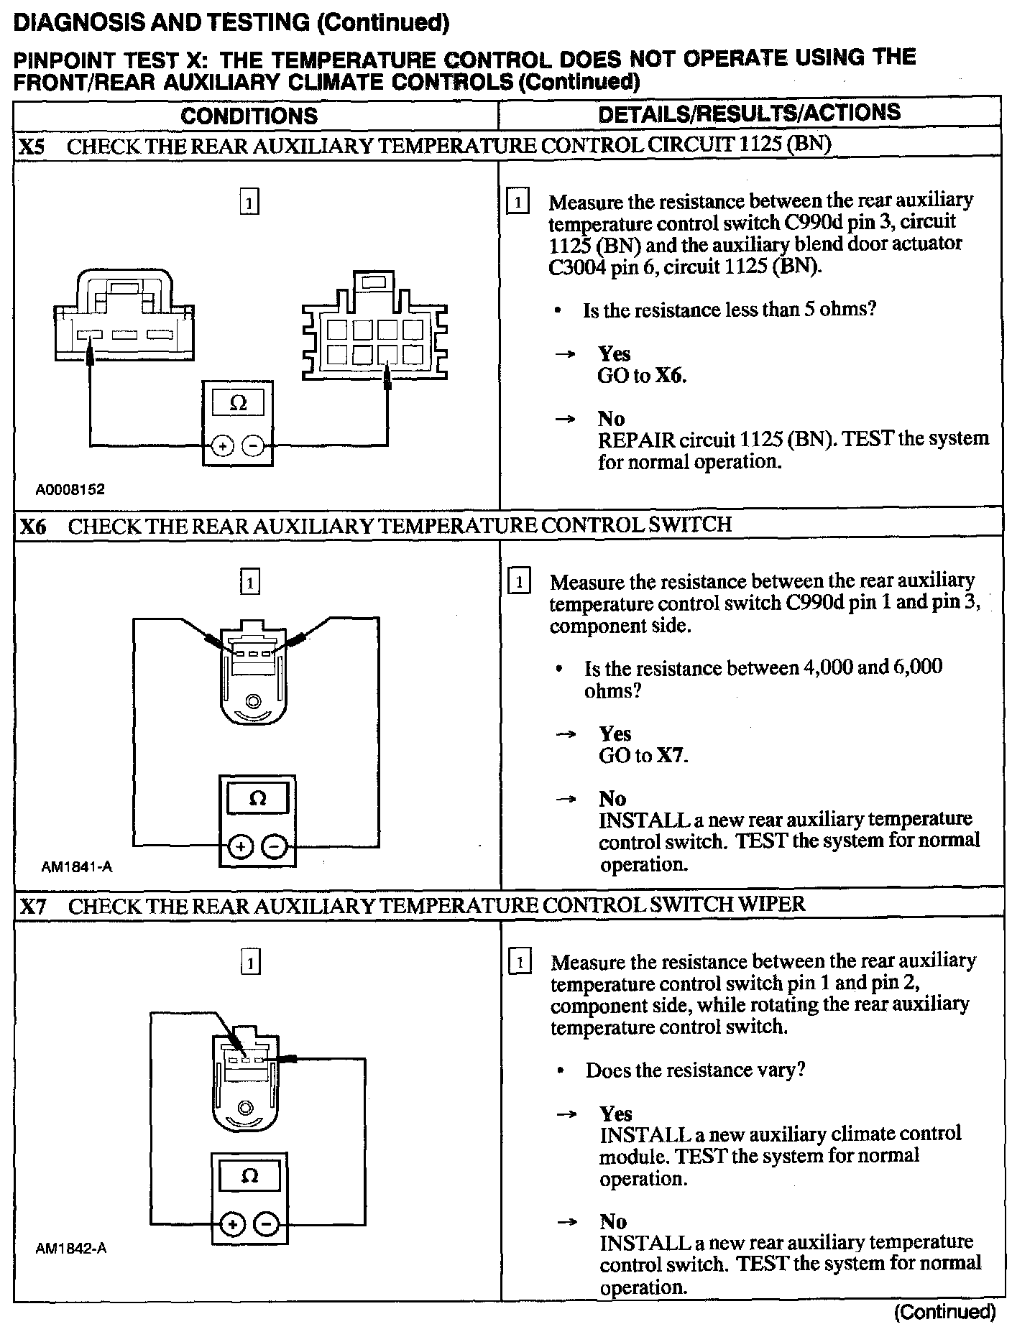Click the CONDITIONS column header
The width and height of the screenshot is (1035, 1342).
tap(249, 116)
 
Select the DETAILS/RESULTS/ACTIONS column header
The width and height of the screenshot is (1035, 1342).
tap(749, 114)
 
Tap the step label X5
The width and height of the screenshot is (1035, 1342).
tap(32, 147)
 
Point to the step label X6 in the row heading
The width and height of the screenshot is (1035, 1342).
tap(33, 527)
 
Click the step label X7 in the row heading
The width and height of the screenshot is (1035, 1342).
tap(33, 906)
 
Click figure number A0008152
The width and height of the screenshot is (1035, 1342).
tap(70, 490)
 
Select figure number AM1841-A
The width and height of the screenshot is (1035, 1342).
tap(76, 866)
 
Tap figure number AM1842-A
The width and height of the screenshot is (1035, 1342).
tap(71, 1248)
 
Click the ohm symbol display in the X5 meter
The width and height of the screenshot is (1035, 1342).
tap(238, 404)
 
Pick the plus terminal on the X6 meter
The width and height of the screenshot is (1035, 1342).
tap(240, 848)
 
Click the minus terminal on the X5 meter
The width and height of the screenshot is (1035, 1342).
tap(253, 446)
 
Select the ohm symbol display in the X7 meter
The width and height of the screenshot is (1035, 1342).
tap(249, 1176)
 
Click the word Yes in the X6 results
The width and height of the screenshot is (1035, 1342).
tap(615, 734)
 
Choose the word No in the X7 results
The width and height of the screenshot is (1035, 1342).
tap(614, 1221)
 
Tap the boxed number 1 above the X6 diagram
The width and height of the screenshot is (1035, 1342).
tap(249, 581)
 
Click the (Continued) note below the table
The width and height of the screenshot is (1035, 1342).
tap(944, 1312)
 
